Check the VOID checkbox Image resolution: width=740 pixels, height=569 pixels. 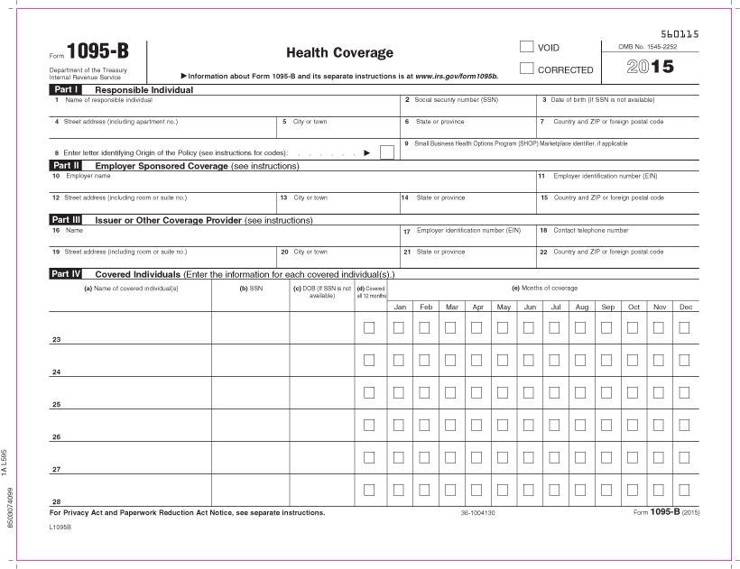tap(526, 46)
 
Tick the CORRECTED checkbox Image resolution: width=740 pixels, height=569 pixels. tap(526, 69)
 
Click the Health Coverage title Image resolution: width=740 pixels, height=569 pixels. tap(339, 53)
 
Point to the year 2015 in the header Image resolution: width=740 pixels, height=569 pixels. tap(649, 66)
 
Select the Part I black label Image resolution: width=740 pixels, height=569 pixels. tap(66, 90)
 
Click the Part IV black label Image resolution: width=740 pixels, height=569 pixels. tap(66, 273)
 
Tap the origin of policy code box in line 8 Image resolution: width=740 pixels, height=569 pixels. tap(386, 152)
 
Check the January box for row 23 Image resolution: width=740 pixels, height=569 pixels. tap(399, 327)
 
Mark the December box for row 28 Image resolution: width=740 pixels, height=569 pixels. tap(684, 490)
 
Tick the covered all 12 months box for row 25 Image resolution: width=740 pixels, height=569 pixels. tap(368, 392)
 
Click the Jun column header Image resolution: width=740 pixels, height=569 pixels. tap(530, 307)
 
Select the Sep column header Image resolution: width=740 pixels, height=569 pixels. tap(607, 307)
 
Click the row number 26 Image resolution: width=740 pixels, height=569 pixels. tap(57, 437)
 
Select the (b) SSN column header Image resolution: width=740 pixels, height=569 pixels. tap(250, 289)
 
